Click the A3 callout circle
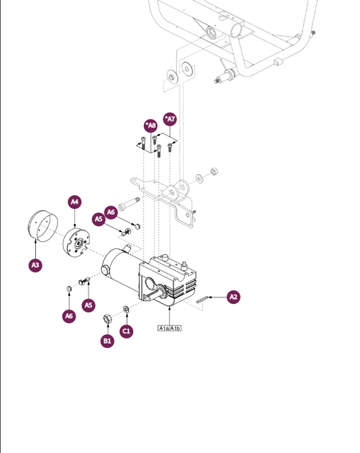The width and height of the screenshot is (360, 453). pos(35,266)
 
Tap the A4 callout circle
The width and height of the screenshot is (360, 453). pos(75,202)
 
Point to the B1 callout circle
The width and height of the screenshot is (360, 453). pos(107,340)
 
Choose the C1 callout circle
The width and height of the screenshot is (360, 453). pos(126,331)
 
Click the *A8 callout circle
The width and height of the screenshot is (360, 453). pos(151,125)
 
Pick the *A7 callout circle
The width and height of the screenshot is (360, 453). pos(170,118)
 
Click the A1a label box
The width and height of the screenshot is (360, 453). pos(163,328)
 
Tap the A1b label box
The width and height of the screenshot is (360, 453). pos(175,328)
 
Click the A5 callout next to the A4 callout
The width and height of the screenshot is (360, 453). pos(99,219)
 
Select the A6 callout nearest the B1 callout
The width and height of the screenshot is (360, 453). pos(68,315)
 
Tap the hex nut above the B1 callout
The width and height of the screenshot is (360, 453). pos(107,317)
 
